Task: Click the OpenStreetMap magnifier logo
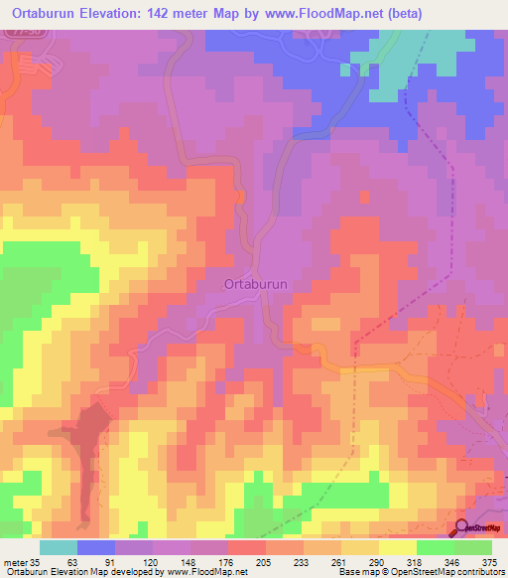pos(462,527)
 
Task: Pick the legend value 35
pos(37,561)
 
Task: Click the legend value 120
pos(152,561)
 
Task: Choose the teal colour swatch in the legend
pos(59,547)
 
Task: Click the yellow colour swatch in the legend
pos(398,547)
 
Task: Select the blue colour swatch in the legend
pos(96,547)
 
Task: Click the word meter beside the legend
pos(14,561)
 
